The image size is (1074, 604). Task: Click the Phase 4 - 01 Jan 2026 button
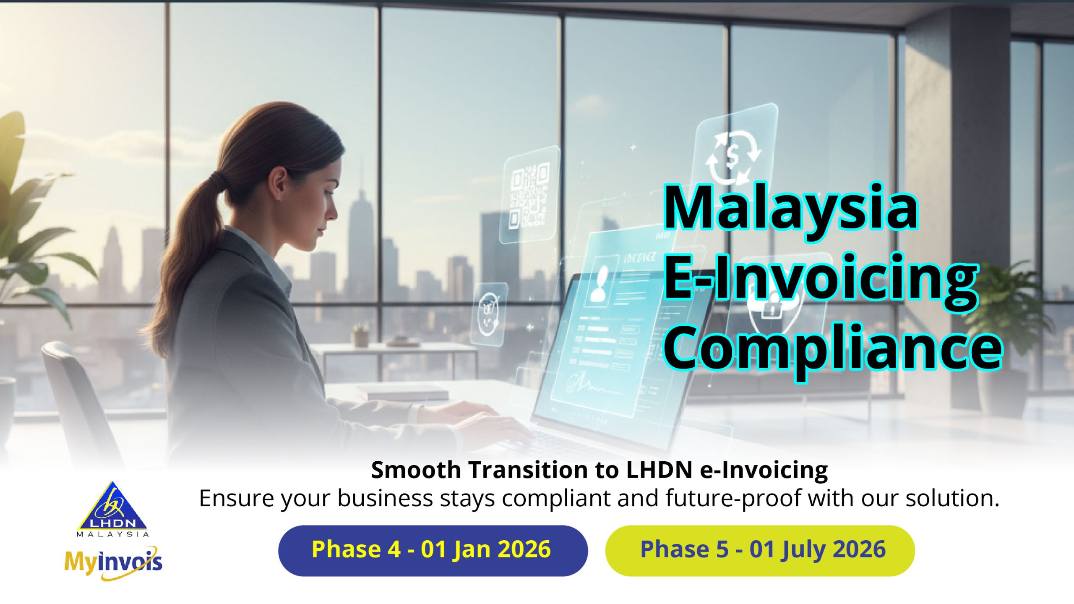click(433, 550)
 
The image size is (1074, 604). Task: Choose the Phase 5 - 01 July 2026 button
click(760, 550)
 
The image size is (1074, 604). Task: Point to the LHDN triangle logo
click(112, 509)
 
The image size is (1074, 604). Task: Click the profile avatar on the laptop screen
click(599, 282)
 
